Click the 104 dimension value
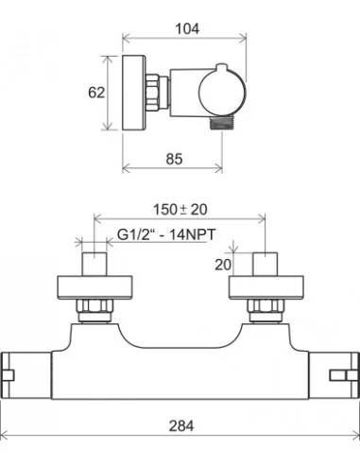(x=187, y=29)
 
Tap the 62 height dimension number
(x=96, y=93)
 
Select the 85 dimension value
(x=174, y=159)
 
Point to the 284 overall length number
(x=181, y=426)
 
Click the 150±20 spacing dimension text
(x=180, y=210)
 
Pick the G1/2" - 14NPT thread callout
(x=166, y=234)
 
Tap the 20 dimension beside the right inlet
(x=223, y=265)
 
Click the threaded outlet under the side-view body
(x=222, y=122)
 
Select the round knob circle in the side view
(x=222, y=93)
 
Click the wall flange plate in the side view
(x=134, y=93)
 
